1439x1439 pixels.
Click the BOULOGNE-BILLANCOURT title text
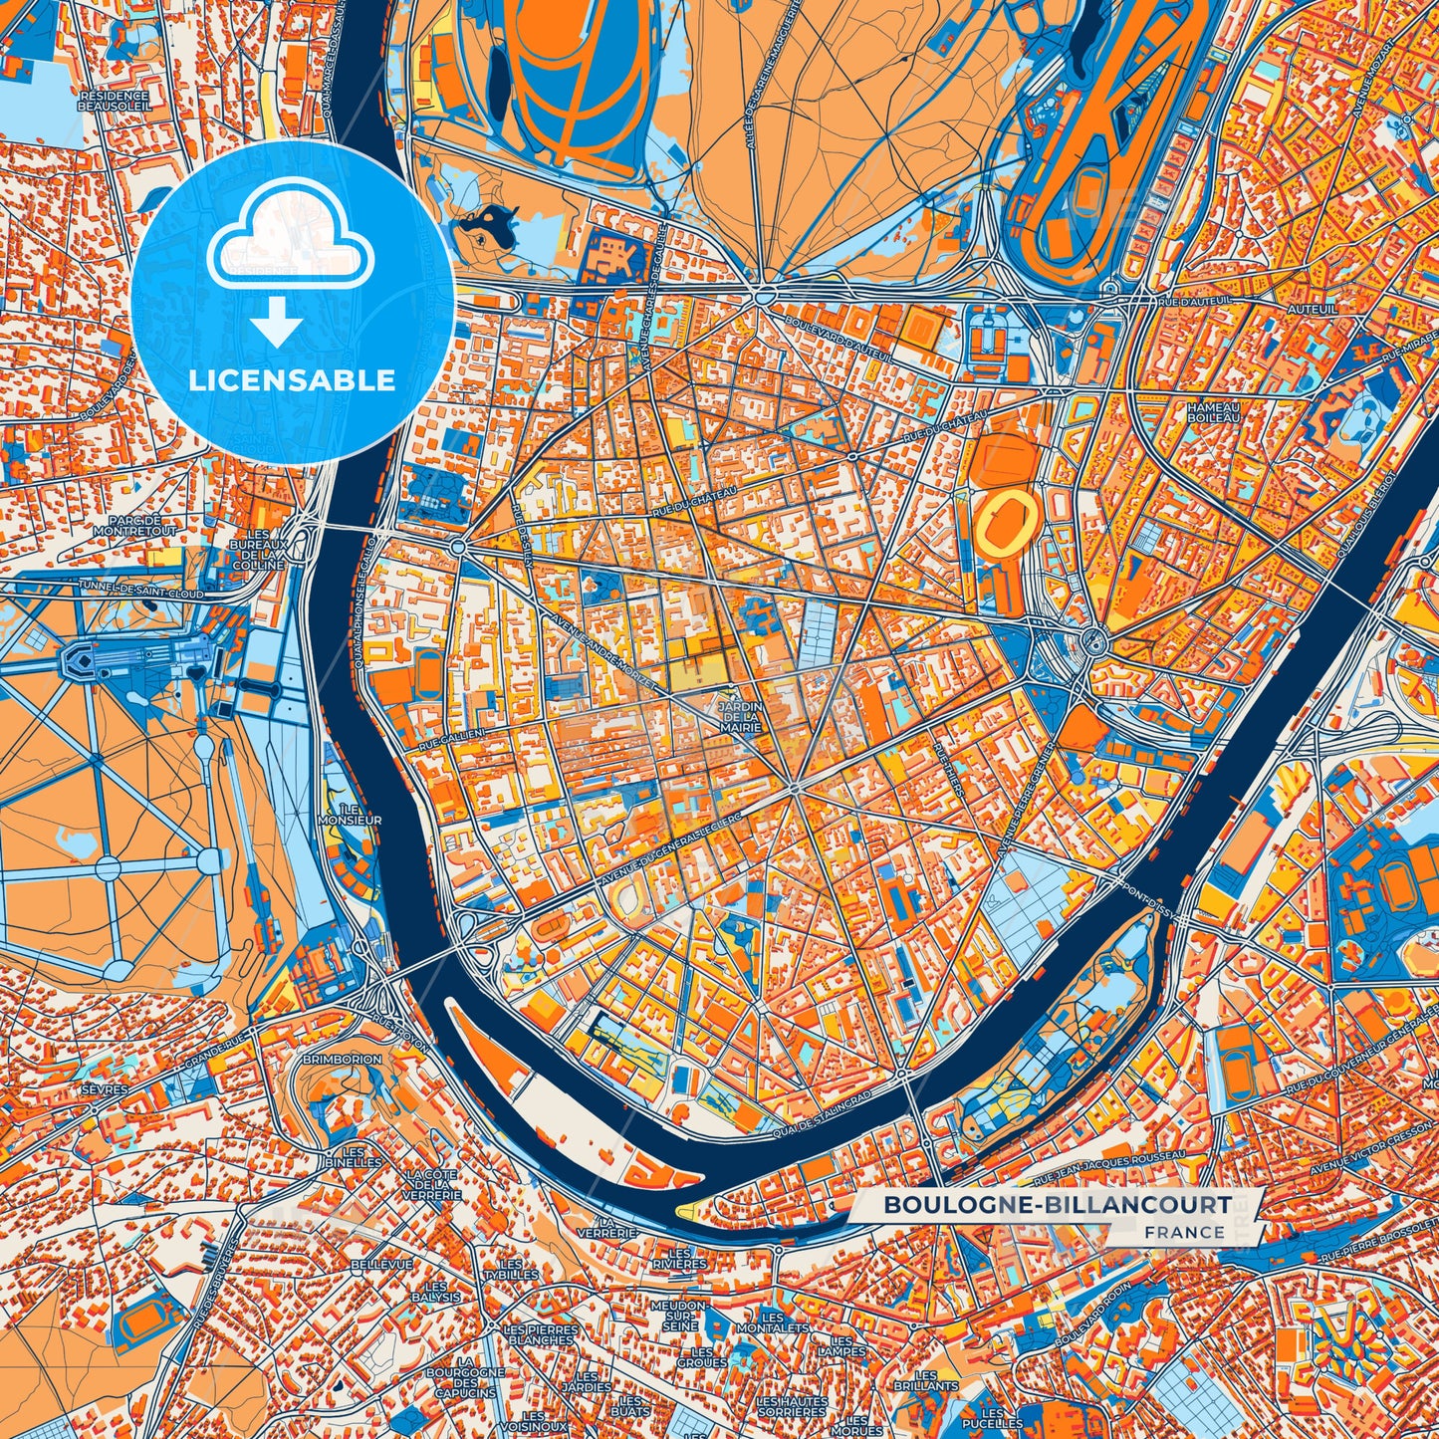1057,1205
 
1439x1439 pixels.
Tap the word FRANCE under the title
1184,1232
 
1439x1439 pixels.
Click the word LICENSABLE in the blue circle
293,380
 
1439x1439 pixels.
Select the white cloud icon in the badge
290,248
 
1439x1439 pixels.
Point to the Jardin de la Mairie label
739,717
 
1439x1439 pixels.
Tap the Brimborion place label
342,1060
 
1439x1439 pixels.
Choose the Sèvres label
105,1089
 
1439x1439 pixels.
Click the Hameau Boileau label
1213,412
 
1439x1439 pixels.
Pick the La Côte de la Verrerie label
433,1184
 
